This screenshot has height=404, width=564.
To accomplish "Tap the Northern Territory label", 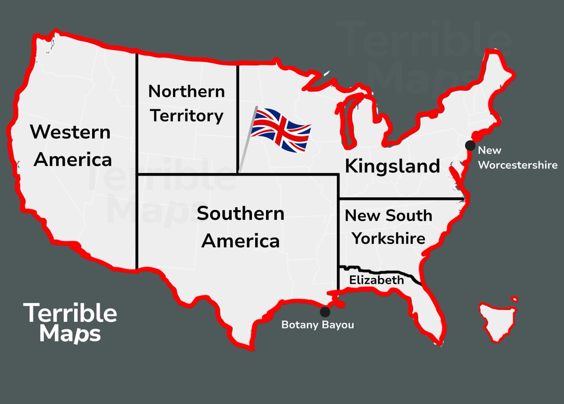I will coord(187,103).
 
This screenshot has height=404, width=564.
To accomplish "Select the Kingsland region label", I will coord(392,166).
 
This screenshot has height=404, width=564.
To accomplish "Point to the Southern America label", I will coord(241,227).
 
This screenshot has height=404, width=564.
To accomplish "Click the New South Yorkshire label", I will coord(389,227).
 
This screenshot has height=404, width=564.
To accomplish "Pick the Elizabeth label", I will coord(376,280).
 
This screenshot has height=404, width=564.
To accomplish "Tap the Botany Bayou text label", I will coord(317,325).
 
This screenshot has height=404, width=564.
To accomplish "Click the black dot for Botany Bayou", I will coord(324,311).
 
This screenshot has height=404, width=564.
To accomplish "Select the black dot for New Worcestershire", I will coord(470,145).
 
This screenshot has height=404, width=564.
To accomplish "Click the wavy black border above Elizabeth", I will coord(381,271).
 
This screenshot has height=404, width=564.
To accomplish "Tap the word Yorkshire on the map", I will coord(389,238).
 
